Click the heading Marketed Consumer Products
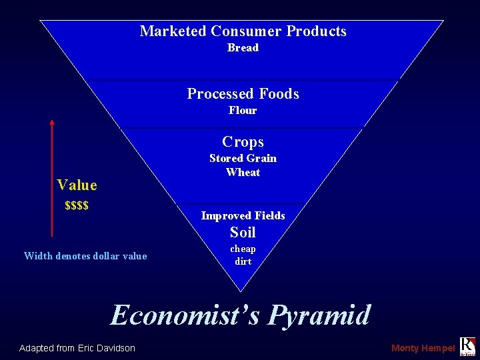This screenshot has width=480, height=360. pos(243,31)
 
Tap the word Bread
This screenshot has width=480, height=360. pos(243,48)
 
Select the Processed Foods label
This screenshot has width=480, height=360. pos(243,94)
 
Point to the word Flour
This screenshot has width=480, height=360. pos(243,111)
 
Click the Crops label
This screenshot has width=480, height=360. pos(243,142)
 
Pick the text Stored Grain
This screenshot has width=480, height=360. pos(243,159)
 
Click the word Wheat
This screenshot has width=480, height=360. pos(243,173)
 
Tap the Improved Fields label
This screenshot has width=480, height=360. pos(243,216)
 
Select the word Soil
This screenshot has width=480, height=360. pos(243,233)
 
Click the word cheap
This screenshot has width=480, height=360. pos(243,249)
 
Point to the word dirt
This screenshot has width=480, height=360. pos(243,262)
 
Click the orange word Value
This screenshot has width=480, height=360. pos(77,185)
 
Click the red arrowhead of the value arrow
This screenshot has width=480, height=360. pos(52,123)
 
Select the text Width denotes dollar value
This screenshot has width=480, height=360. pos(85,256)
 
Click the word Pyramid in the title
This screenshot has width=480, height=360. pos(319,315)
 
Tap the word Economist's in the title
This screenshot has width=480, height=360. pos(185,315)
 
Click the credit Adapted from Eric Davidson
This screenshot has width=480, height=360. pos(77,348)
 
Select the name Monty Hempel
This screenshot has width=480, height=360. pos(423,348)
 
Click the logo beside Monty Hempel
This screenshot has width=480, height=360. pos(467,346)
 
